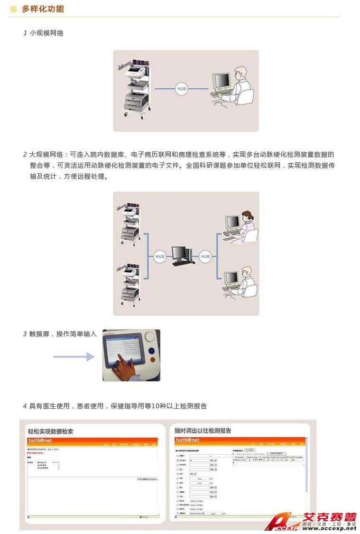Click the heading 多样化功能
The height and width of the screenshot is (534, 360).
point(43,9)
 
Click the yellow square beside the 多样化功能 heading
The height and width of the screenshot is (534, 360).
point(13,9)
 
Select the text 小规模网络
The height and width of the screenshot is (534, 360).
point(46,33)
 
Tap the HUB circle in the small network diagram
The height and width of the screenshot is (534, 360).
point(182,89)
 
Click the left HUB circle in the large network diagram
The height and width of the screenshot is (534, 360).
point(160,257)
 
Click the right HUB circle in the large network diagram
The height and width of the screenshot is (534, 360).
point(205,257)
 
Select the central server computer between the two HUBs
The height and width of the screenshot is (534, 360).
point(182,256)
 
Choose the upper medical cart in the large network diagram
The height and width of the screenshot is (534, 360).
point(129,223)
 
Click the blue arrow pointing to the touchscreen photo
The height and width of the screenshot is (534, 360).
point(74,356)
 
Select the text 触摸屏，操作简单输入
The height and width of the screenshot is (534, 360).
point(63,334)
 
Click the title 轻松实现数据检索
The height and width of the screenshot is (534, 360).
point(51,431)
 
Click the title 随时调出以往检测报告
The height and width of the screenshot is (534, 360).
point(203,431)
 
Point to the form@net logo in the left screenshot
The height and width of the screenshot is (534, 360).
point(40,440)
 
